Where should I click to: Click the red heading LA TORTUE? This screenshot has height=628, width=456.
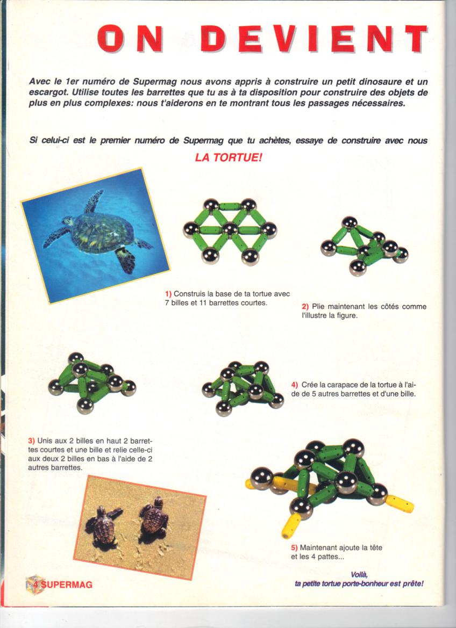228,157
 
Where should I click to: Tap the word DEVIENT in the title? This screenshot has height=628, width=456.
314,39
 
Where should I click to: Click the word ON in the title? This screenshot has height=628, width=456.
130,39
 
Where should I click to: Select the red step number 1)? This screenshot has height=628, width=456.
168,294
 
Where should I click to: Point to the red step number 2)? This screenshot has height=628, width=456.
305,307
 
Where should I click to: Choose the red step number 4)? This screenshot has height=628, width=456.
295,385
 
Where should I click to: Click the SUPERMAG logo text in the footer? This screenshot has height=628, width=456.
67,584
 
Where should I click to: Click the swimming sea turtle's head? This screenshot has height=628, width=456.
68,221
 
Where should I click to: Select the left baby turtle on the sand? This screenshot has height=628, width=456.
104,525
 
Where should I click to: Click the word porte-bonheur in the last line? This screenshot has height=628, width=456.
365,584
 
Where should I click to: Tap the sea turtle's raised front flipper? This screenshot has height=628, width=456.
94,201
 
